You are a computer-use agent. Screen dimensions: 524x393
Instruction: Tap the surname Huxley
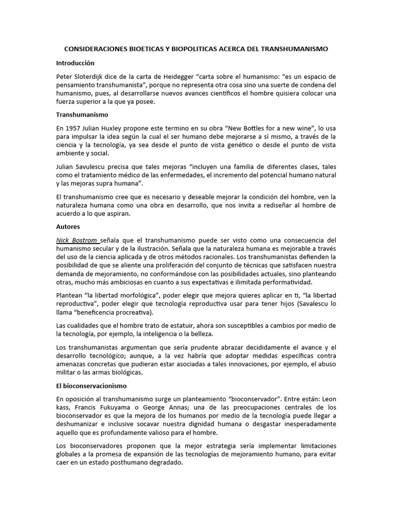coord(124,128)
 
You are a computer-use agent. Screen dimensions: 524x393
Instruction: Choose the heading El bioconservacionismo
coord(91,385)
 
